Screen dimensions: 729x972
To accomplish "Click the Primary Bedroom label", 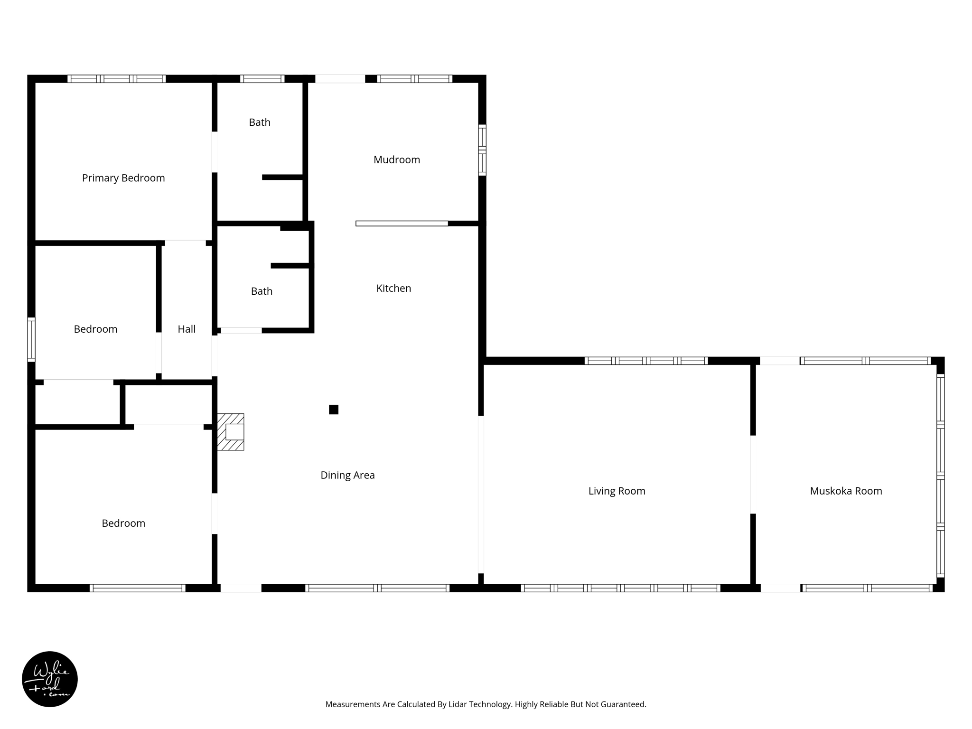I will coord(123,178).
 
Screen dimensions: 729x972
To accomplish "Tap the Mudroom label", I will coord(397,160).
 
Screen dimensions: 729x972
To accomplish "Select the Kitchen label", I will coord(393,288).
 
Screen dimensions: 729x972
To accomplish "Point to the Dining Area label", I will coord(347,475).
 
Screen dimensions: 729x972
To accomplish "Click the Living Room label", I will coord(617,491).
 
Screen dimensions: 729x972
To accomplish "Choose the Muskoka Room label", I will coord(846,491).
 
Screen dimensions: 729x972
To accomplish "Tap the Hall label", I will coord(187,329).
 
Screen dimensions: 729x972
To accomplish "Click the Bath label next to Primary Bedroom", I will coord(260,122).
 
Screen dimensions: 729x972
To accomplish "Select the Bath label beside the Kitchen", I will coord(262,291).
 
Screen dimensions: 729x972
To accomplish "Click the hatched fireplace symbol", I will coord(231,432).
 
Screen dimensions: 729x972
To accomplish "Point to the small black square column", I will coord(334,410).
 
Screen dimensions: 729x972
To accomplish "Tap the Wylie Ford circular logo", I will coord(50,679).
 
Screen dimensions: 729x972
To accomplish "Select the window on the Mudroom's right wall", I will coord(482,150).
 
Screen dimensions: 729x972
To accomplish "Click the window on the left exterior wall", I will coord(31,339).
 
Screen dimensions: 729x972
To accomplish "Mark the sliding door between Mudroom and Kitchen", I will coord(402,224).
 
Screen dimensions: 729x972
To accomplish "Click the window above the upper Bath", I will coord(262,79).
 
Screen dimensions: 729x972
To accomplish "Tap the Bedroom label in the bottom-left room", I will coord(123,523).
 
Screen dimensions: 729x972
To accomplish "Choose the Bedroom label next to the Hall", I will coord(95,329).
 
